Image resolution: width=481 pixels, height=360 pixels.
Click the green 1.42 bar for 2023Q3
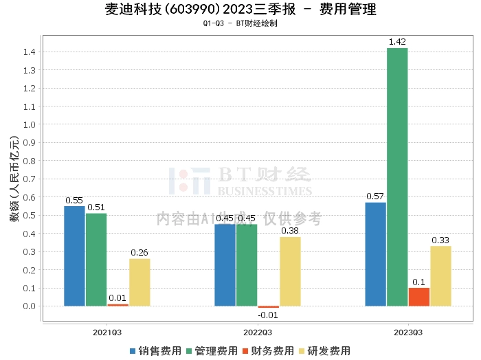tap(397, 177)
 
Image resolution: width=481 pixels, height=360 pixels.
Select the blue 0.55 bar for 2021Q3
tap(74, 256)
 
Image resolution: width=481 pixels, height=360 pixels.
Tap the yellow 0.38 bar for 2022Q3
tap(290, 271)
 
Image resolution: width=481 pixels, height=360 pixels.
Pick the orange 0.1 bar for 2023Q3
tap(419, 297)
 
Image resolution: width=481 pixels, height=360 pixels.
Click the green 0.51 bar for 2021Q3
tap(96, 260)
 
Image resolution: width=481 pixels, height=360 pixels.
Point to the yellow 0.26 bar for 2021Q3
tap(139, 282)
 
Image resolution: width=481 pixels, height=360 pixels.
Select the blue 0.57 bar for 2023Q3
tap(375, 254)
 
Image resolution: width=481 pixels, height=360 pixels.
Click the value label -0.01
tap(268, 315)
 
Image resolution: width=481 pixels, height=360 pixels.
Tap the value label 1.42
tap(397, 42)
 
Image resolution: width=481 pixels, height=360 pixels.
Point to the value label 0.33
tap(440, 240)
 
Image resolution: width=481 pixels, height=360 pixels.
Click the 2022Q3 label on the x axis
tap(258, 333)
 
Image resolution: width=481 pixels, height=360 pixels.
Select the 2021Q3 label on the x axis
tap(107, 333)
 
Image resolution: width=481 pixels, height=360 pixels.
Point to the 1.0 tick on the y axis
tap(30, 125)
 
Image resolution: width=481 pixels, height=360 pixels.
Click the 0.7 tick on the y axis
tap(30, 179)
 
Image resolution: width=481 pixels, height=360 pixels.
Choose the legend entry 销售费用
tap(155, 351)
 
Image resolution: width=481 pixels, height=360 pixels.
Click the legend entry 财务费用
tap(268, 351)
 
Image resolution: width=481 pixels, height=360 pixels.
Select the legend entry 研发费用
tap(324, 351)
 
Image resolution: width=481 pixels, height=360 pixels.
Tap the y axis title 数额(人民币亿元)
tap(14, 179)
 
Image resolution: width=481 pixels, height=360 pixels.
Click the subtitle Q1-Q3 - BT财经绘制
tap(240, 23)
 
